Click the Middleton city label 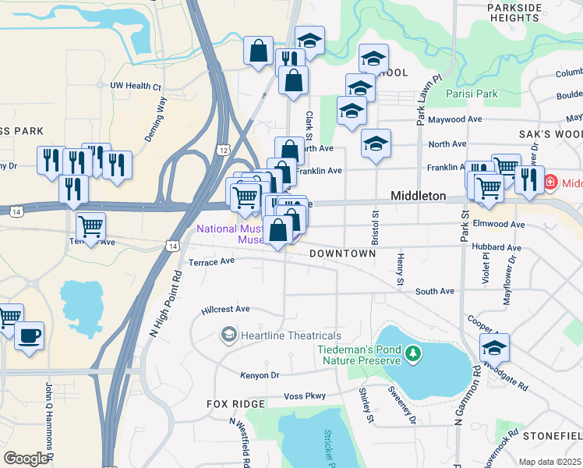click(x=418, y=196)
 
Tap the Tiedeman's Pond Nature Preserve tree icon click(x=413, y=356)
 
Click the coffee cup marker click(x=30, y=336)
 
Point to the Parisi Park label click(x=472, y=94)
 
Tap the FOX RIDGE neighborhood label click(x=236, y=404)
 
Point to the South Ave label click(x=434, y=291)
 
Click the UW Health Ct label click(x=136, y=86)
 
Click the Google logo click(x=26, y=459)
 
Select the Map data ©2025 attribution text click(x=550, y=462)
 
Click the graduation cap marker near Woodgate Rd click(x=494, y=347)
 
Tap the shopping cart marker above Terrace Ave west click(x=91, y=227)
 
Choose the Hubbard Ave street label click(x=496, y=247)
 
